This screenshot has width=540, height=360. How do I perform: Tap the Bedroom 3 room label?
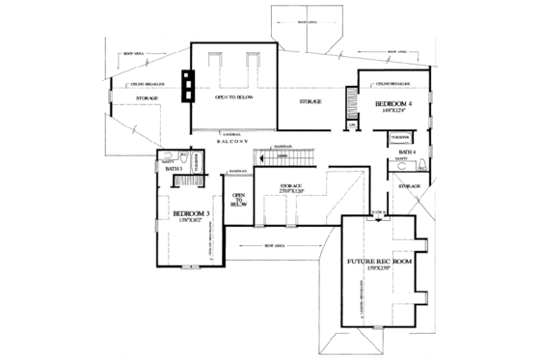(x=191, y=213)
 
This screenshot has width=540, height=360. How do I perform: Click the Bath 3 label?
(x=174, y=169)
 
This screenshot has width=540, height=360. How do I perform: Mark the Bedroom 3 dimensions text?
(x=190, y=223)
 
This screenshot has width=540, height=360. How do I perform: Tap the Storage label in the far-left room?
(x=147, y=97)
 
